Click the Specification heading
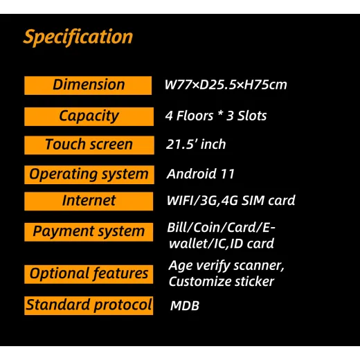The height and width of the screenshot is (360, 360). click(78, 37)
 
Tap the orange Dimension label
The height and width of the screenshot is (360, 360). click(88, 85)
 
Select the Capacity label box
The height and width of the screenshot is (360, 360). click(89, 116)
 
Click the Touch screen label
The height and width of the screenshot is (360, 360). click(89, 145)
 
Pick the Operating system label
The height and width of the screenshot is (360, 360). click(89, 174)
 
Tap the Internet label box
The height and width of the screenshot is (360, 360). click(89, 201)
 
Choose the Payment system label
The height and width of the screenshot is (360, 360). click(89, 232)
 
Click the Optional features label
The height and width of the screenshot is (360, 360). click(89, 274)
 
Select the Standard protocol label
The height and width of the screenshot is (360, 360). click(89, 305)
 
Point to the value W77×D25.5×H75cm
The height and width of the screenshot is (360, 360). click(226, 84)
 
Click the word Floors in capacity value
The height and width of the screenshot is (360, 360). click(195, 116)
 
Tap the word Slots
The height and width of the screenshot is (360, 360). click(252, 116)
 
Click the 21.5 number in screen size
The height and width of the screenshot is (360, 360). click(182, 145)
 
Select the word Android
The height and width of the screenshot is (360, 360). click(192, 174)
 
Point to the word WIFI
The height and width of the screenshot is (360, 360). click(180, 200)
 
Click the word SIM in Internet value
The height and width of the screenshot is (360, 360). click(253, 200)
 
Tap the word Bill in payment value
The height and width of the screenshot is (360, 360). click(177, 227)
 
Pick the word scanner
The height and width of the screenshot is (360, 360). click(259, 266)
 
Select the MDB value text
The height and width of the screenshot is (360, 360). click(185, 305)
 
